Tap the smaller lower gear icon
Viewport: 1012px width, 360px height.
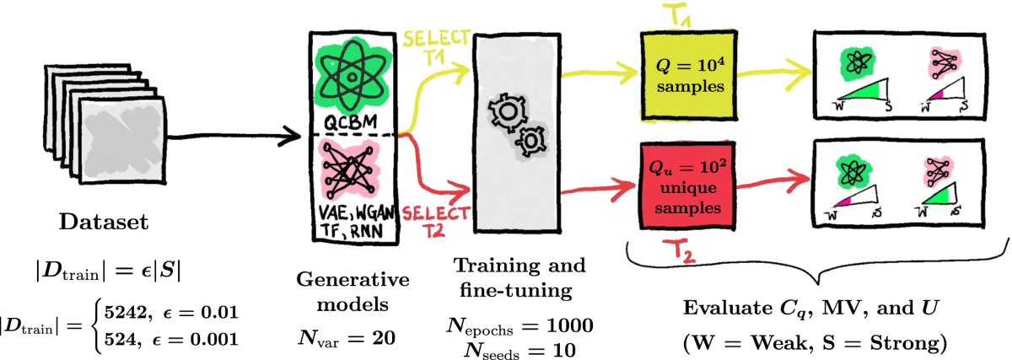coord(530,139)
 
